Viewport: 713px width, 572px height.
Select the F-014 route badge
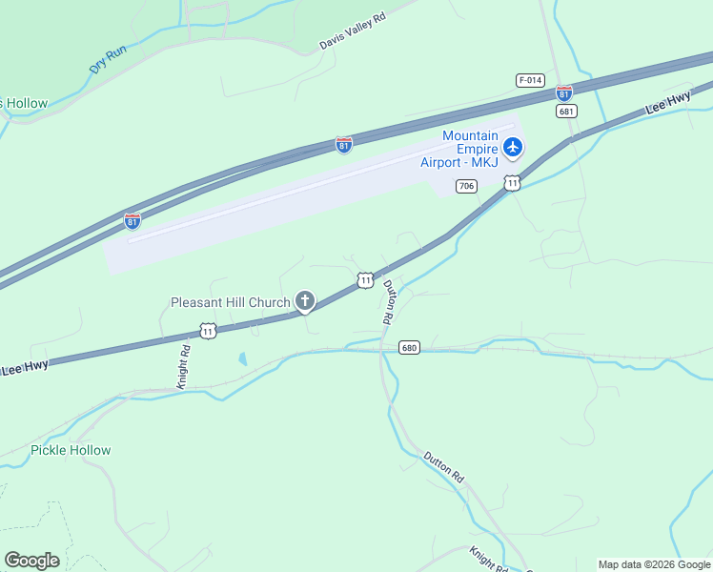click(x=530, y=80)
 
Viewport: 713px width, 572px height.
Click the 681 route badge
click(x=567, y=112)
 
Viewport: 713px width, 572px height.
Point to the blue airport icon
click(x=514, y=147)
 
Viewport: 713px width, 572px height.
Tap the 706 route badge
click(x=466, y=186)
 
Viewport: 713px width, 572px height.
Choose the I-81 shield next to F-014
click(x=564, y=93)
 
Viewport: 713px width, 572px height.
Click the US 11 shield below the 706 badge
click(x=513, y=182)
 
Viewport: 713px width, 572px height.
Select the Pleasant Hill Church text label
click(x=230, y=302)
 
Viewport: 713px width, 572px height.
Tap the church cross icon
click(x=305, y=302)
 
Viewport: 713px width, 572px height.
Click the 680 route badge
click(x=410, y=348)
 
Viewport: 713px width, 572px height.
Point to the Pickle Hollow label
click(x=71, y=450)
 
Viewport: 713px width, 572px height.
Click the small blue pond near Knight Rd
click(x=242, y=359)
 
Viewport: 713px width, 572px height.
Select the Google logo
click(x=31, y=561)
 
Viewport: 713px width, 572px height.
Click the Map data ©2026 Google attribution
click(x=654, y=564)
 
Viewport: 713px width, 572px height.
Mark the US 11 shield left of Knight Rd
click(x=208, y=331)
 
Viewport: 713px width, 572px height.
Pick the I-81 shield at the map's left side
click(x=132, y=221)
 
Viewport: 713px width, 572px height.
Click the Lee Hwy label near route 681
click(x=667, y=103)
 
